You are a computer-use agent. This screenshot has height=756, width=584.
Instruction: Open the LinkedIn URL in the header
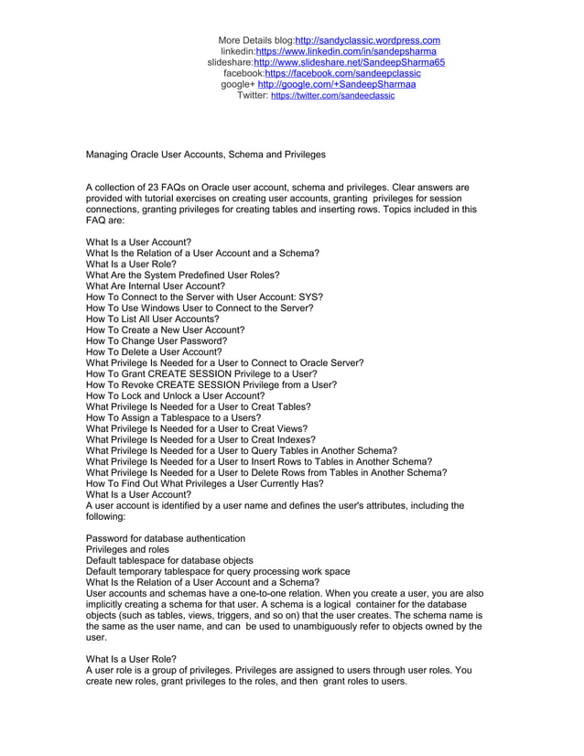[345, 51]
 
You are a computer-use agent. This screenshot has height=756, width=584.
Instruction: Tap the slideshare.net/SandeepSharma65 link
[349, 62]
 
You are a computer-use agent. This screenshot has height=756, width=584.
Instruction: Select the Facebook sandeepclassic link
[342, 73]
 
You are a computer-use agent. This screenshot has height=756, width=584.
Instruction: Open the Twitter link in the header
[332, 95]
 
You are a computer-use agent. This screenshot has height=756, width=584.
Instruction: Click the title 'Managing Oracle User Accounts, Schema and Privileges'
[205, 155]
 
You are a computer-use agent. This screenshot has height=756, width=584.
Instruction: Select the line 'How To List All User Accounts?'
[152, 319]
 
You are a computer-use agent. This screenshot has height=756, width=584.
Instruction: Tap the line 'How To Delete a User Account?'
[154, 351]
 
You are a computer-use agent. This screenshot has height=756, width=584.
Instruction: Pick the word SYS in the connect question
[306, 297]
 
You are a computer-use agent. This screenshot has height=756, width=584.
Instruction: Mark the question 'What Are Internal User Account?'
[155, 286]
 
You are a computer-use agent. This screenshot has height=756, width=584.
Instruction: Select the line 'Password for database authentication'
[166, 538]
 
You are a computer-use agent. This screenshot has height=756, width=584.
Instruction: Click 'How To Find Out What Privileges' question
[204, 483]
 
